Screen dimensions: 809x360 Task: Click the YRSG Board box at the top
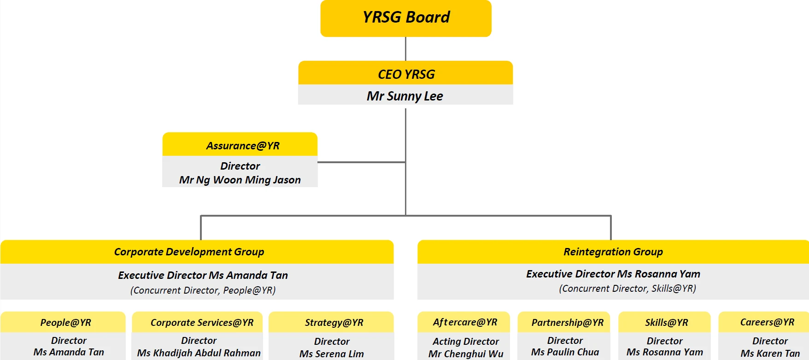click(x=406, y=18)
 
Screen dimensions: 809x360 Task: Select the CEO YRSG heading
click(x=406, y=74)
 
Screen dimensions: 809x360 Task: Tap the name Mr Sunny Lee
click(x=405, y=96)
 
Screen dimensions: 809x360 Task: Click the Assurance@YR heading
click(x=243, y=146)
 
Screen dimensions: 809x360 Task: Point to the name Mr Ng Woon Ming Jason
click(x=240, y=180)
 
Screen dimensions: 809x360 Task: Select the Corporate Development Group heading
click(x=189, y=252)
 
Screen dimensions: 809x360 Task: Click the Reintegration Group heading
click(x=613, y=252)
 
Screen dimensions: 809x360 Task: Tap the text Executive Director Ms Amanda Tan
click(x=203, y=275)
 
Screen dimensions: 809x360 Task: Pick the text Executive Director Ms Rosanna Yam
click(x=613, y=274)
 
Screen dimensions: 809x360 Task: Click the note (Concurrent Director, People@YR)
click(x=203, y=290)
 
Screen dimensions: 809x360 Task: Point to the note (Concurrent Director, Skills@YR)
click(x=627, y=289)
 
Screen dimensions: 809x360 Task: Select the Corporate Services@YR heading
click(x=202, y=323)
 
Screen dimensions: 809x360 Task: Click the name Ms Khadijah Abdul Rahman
click(x=199, y=353)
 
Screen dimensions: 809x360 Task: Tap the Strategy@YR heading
click(x=334, y=323)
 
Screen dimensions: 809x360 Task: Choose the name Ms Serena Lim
click(x=332, y=354)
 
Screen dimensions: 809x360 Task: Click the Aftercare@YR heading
click(x=465, y=322)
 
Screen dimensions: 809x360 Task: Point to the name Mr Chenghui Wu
click(x=466, y=354)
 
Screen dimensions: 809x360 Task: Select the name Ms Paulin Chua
click(x=565, y=352)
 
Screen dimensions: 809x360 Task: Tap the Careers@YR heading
click(x=767, y=322)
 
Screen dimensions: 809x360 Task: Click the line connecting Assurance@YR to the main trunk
click(x=362, y=162)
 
